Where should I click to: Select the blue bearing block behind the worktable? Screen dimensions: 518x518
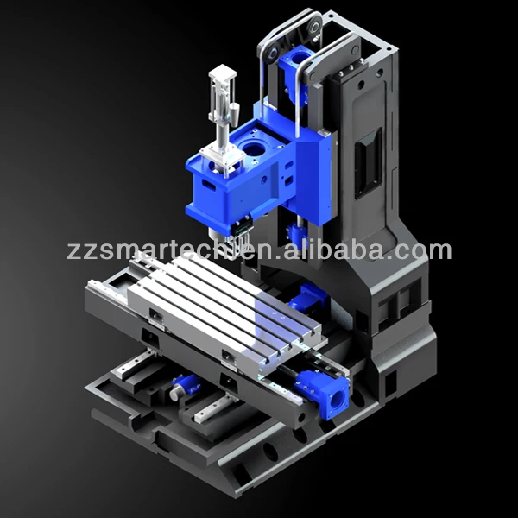coord(306,300)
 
